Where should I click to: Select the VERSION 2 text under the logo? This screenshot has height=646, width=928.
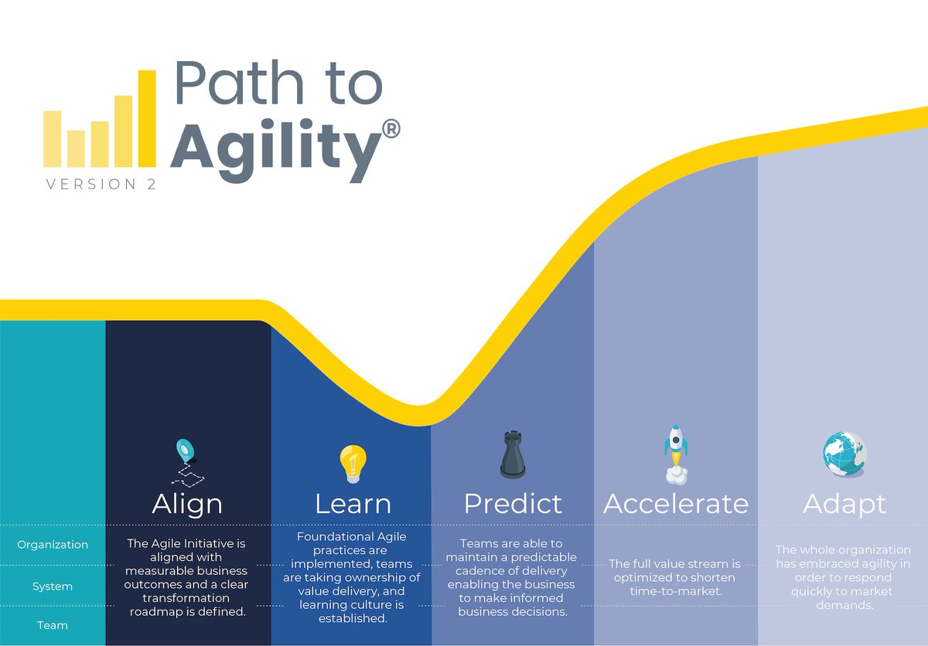pos(101,184)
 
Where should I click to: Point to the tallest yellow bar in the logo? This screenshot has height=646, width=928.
pos(147,118)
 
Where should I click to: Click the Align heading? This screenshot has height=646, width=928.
pos(187,504)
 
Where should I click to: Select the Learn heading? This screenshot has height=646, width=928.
pos(353,504)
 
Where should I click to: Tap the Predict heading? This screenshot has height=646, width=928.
pos(513,504)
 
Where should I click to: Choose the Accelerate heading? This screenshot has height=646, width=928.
pos(676,504)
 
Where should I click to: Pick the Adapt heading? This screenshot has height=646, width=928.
pos(844,504)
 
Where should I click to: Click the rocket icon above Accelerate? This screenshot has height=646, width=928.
pos(675,452)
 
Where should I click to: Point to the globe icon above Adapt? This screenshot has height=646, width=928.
pos(844,454)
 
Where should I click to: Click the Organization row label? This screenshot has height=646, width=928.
pos(53,545)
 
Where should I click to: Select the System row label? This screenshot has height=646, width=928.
pos(53,586)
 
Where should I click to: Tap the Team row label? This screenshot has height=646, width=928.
pos(53,625)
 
